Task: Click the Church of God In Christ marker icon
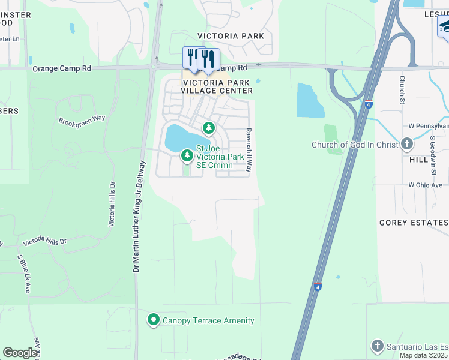(x=407, y=144)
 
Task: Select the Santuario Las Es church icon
(x=377, y=346)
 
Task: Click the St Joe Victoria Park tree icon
(x=187, y=156)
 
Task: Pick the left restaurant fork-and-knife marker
(x=192, y=56)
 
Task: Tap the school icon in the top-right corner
(x=444, y=26)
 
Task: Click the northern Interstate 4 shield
(x=368, y=104)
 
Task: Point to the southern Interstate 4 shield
(x=318, y=287)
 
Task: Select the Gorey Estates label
(x=414, y=223)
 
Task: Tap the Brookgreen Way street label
(x=82, y=119)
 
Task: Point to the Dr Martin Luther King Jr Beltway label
(x=139, y=217)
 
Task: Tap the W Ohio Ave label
(x=429, y=185)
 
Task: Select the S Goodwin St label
(x=432, y=155)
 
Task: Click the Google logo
(x=20, y=353)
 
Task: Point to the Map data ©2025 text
(x=424, y=355)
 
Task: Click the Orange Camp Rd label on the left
(x=62, y=69)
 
